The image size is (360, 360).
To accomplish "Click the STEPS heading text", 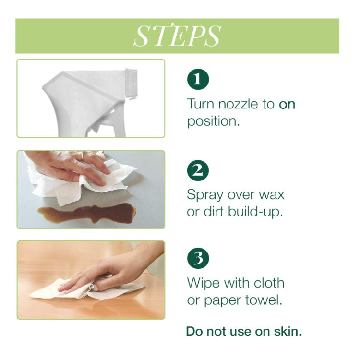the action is (x=177, y=36).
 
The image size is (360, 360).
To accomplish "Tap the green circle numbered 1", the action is (x=198, y=79).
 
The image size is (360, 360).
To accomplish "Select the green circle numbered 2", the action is (x=198, y=170).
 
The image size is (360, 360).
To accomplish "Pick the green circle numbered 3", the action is (x=198, y=258).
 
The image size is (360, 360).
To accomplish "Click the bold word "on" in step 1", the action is (x=287, y=104).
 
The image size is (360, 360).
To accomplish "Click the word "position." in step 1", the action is (x=213, y=121).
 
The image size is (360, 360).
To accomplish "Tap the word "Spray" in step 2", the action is (x=205, y=196).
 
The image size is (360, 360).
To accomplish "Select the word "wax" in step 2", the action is (x=272, y=195).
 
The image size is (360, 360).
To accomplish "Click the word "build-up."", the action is (x=255, y=212).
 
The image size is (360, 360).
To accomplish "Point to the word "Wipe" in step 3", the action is (x=204, y=283).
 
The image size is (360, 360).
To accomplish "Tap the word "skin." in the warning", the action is (x=288, y=331).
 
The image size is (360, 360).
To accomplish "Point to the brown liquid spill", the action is (x=87, y=213).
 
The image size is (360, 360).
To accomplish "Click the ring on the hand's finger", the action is (x=82, y=156).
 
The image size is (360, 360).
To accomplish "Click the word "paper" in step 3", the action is (x=222, y=301).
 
